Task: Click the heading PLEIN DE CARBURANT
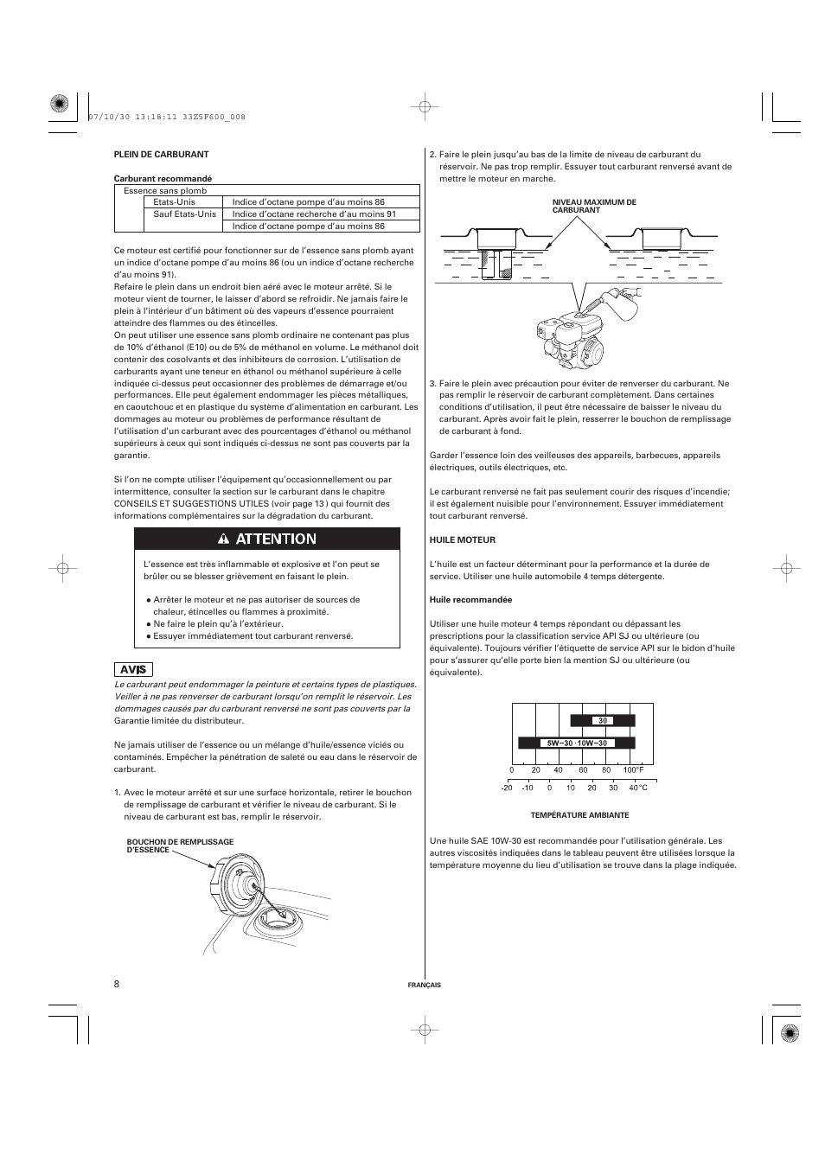[162, 155]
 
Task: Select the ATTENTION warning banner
[266, 539]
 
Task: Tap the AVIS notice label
[133, 669]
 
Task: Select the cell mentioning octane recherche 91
[314, 214]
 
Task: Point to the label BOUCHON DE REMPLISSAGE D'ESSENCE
[180, 846]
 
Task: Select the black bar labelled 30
[603, 720]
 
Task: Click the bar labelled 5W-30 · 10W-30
[576, 743]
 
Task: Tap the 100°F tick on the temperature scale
[633, 769]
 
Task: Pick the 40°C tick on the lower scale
[637, 788]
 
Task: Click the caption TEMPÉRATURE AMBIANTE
[579, 815]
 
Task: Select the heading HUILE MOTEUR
[463, 539]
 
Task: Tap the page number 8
[117, 984]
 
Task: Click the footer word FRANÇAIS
[424, 985]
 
